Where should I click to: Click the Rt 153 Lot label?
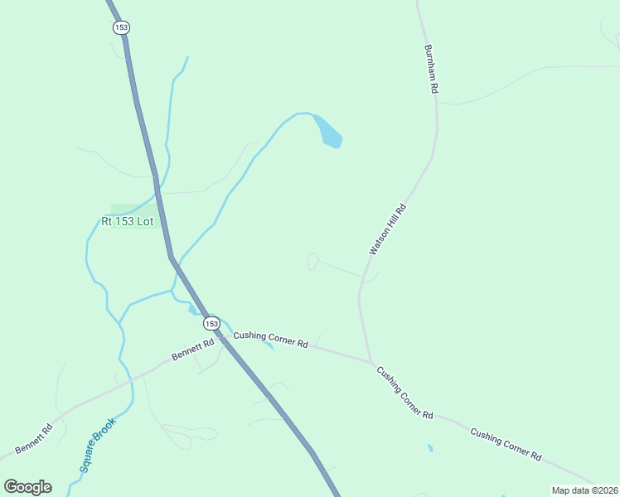pyautogui.click(x=128, y=222)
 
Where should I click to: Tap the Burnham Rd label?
pyautogui.click(x=429, y=69)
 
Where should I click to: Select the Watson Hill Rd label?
pyautogui.click(x=387, y=229)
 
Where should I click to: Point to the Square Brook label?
pyautogui.click(x=98, y=445)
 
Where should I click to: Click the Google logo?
pyautogui.click(x=27, y=487)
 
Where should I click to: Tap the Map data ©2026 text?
pyautogui.click(x=584, y=490)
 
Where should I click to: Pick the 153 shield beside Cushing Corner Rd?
pyautogui.click(x=211, y=323)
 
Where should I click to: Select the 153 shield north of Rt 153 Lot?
pyautogui.click(x=122, y=27)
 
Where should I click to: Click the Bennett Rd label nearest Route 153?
pyautogui.click(x=193, y=348)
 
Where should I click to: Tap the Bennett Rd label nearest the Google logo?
pyautogui.click(x=34, y=440)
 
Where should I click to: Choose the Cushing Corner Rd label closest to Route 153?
pyautogui.click(x=270, y=339)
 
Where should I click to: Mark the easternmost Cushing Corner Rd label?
pyautogui.click(x=506, y=444)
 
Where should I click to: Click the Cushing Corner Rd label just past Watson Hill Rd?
pyautogui.click(x=405, y=392)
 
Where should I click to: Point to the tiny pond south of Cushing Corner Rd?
pyautogui.click(x=429, y=448)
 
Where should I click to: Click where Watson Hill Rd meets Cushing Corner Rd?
pyautogui.click(x=371, y=362)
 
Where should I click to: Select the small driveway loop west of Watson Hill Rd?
pyautogui.click(x=312, y=261)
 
